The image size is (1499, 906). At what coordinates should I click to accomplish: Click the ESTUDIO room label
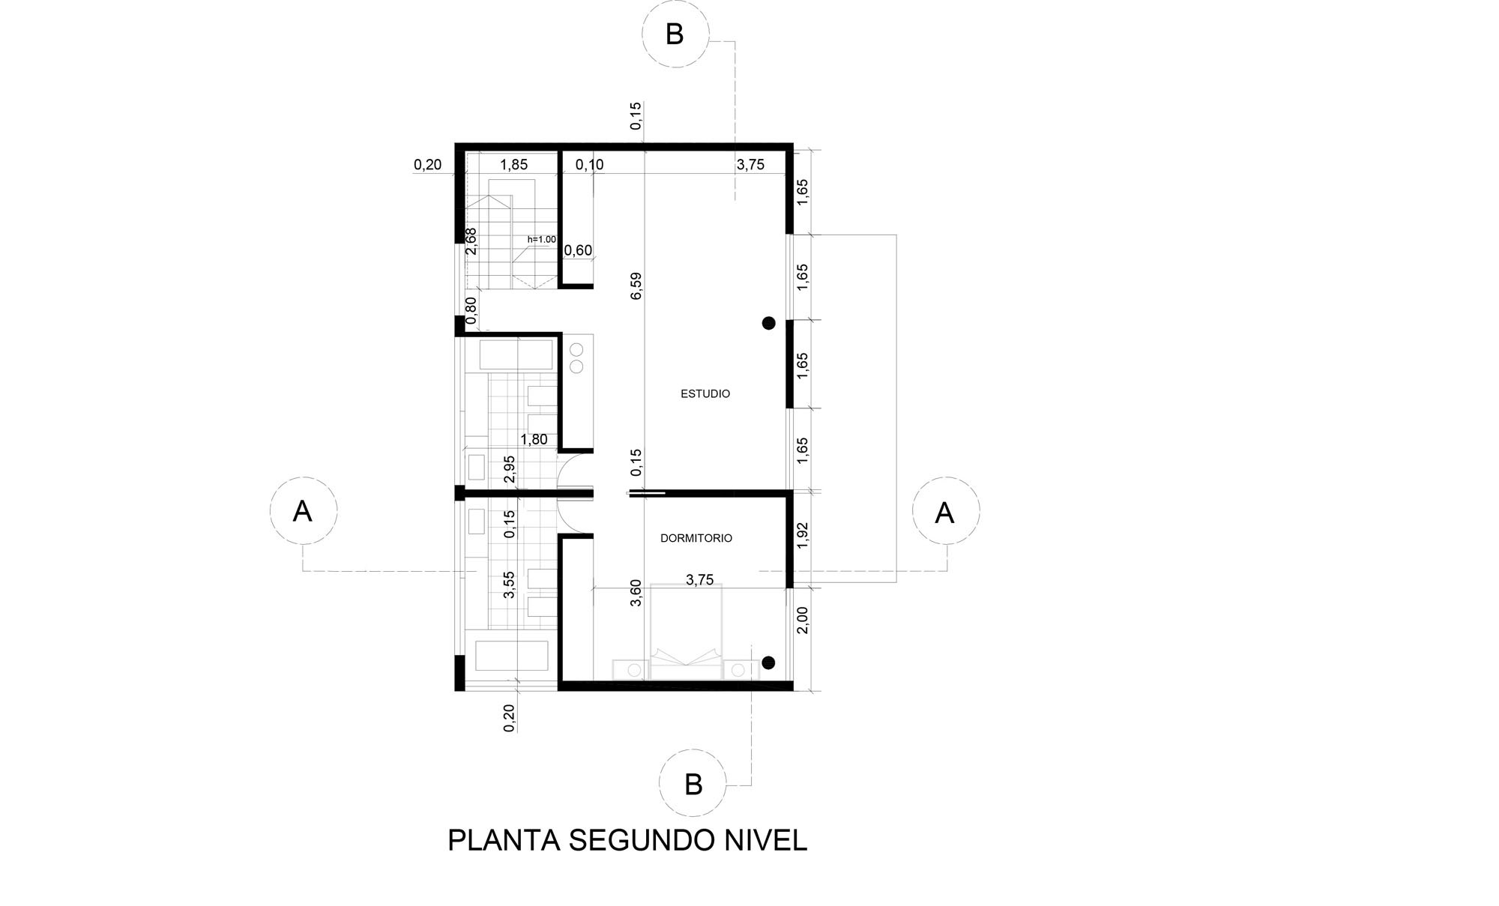click(705, 393)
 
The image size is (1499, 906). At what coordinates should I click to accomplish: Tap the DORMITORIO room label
click(696, 538)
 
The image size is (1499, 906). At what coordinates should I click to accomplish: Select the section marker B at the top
click(675, 34)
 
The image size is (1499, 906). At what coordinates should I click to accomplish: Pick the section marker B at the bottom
click(693, 784)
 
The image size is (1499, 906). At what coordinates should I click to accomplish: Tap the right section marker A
click(945, 513)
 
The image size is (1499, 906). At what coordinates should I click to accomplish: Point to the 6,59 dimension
click(636, 286)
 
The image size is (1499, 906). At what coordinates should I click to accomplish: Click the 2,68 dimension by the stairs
click(471, 241)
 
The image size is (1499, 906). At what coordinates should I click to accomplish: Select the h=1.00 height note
click(542, 240)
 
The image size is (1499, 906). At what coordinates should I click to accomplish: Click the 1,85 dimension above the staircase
click(514, 165)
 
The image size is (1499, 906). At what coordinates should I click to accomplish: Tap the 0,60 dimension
click(578, 250)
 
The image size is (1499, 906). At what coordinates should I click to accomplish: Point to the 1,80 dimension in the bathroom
click(534, 440)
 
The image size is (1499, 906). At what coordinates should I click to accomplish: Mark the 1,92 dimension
click(803, 536)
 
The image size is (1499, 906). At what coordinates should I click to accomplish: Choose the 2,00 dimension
click(803, 620)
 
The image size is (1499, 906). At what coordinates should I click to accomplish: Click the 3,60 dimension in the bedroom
click(636, 593)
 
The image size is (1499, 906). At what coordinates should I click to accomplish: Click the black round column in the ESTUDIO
click(768, 323)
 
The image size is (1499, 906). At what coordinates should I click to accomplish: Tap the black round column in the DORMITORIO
click(768, 662)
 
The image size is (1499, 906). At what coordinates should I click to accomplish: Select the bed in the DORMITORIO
click(687, 632)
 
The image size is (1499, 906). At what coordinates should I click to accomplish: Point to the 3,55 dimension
click(510, 585)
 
